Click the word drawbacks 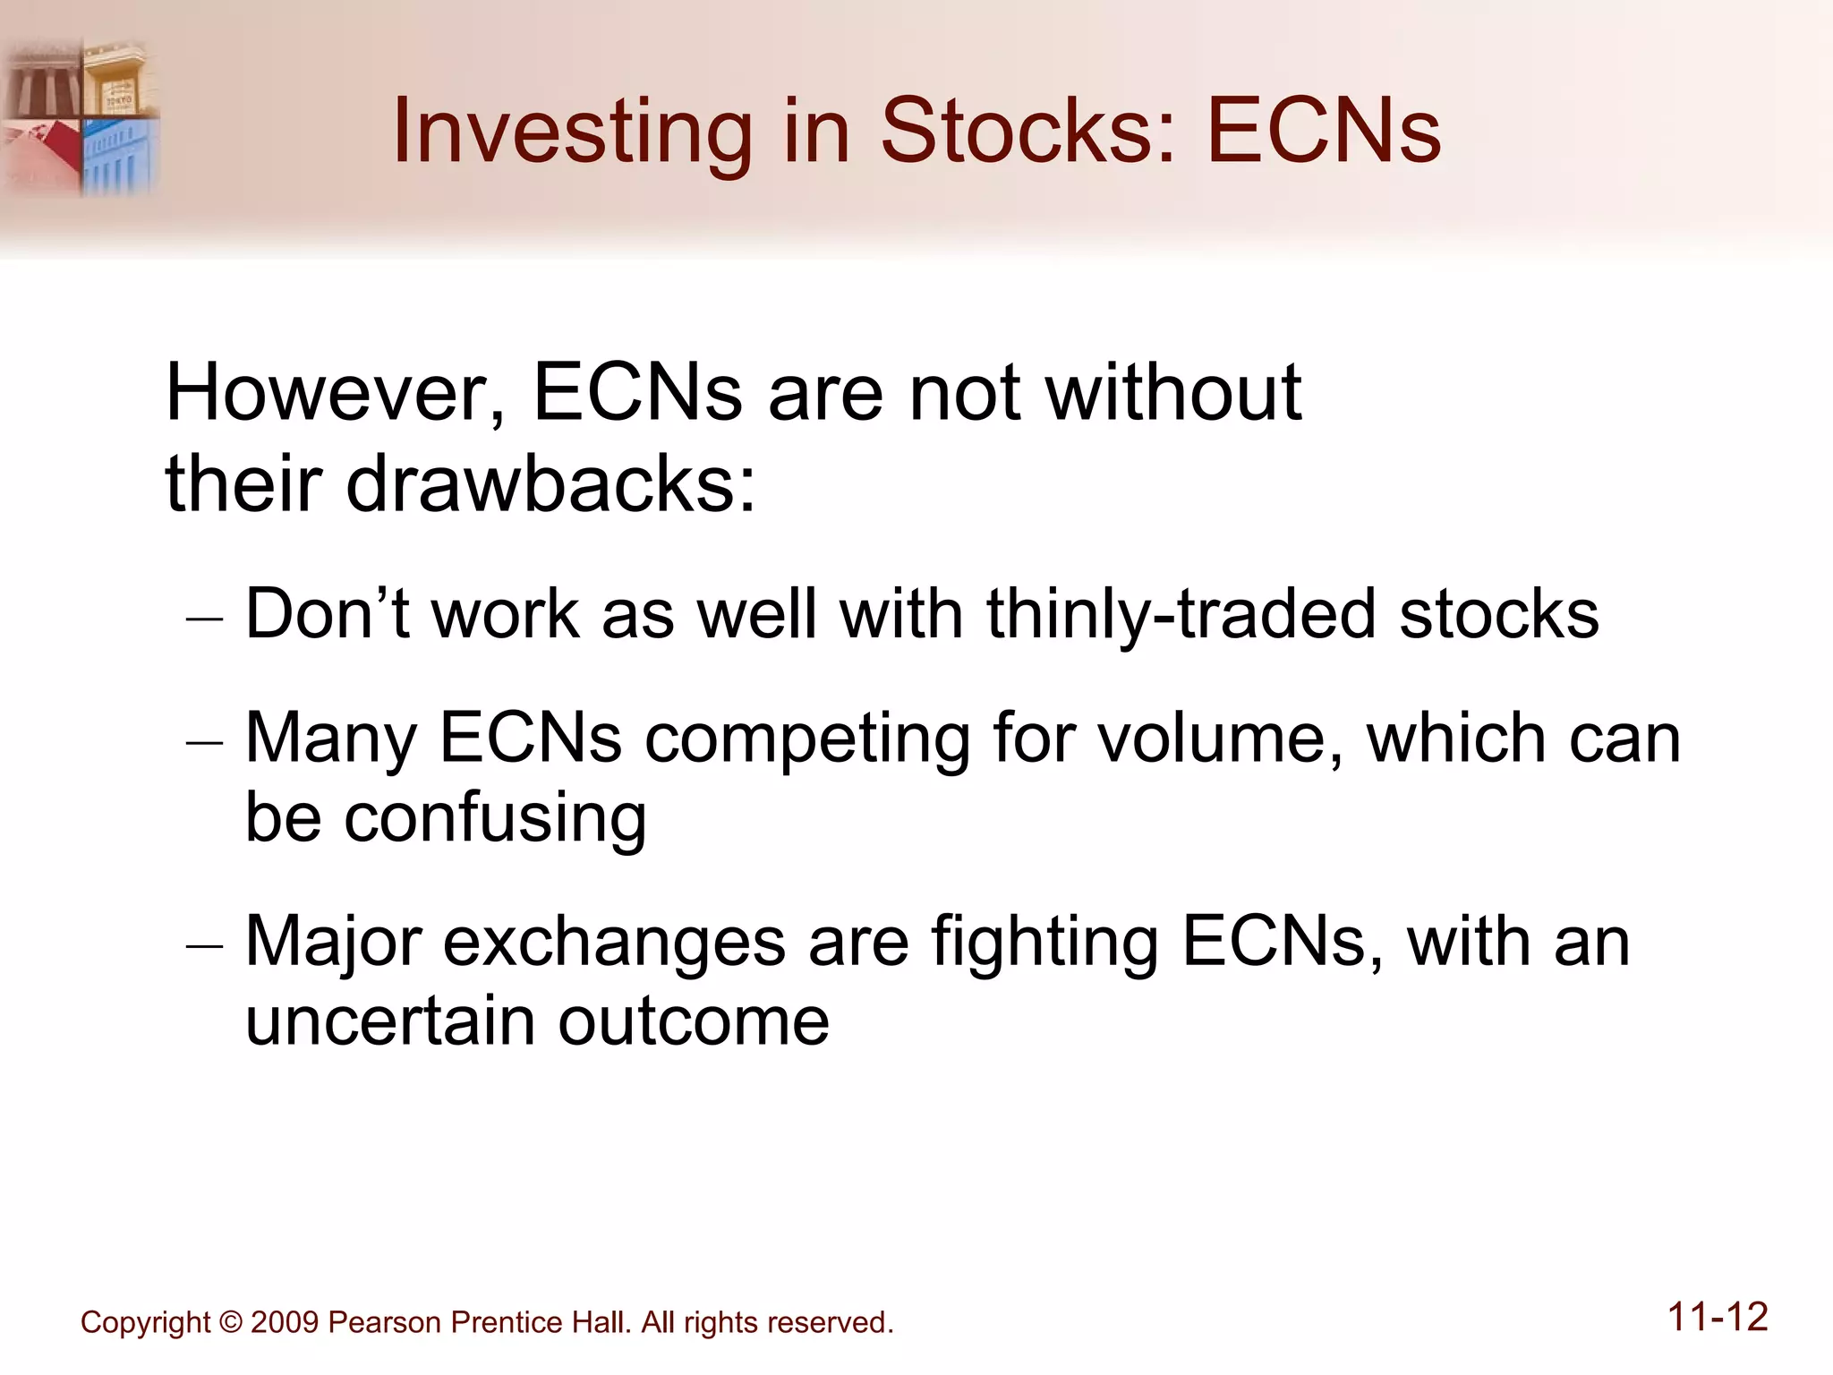(x=550, y=484)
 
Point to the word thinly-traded (x=1181, y=615)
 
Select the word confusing (x=495, y=818)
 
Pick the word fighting (x=1044, y=943)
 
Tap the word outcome (x=694, y=1021)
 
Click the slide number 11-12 (x=1717, y=1318)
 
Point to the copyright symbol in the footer (x=230, y=1322)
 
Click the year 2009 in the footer (x=285, y=1322)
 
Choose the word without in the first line (x=1172, y=394)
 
